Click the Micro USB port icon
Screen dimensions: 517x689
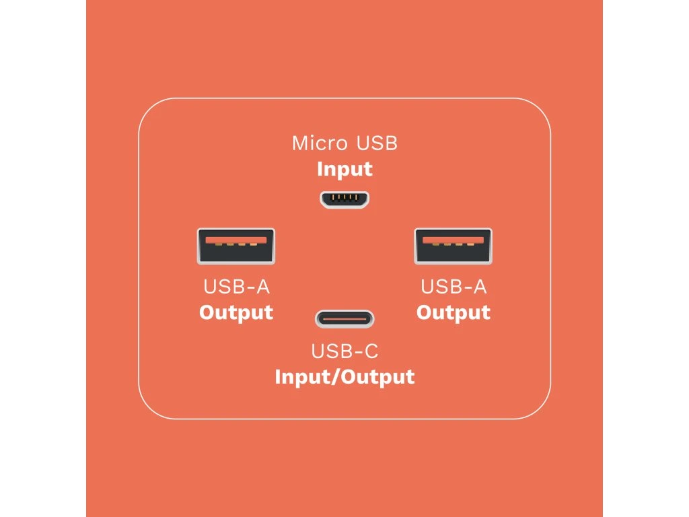pyautogui.click(x=344, y=199)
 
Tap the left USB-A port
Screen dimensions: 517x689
pyautogui.click(x=235, y=246)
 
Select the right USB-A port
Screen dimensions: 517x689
pyautogui.click(x=453, y=246)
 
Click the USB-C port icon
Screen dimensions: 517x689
pyautogui.click(x=344, y=318)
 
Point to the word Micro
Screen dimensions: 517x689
pyautogui.click(x=320, y=143)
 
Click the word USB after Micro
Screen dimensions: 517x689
pyautogui.click(x=377, y=143)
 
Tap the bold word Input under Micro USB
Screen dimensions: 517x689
pyautogui.click(x=344, y=168)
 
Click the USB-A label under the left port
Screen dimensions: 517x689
pyautogui.click(x=236, y=287)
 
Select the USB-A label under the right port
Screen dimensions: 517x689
pyautogui.click(x=454, y=287)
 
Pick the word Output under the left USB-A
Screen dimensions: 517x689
pyautogui.click(x=236, y=312)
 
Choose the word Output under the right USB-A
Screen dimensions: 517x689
pyautogui.click(x=454, y=312)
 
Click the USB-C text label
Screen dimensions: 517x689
pyautogui.click(x=344, y=351)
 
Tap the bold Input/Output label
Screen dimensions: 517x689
pyautogui.click(x=344, y=376)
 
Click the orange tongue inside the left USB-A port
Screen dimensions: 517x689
pyautogui.click(x=235, y=240)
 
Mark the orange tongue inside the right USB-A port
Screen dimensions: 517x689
pyautogui.click(x=453, y=240)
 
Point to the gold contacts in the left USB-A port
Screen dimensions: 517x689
pyautogui.click(x=235, y=244)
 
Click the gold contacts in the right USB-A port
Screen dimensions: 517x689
pyautogui.click(x=453, y=244)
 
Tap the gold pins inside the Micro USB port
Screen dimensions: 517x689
pyautogui.click(x=344, y=198)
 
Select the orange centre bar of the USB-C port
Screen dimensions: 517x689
pyautogui.click(x=344, y=318)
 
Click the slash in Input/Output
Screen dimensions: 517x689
pyautogui.click(x=335, y=376)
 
